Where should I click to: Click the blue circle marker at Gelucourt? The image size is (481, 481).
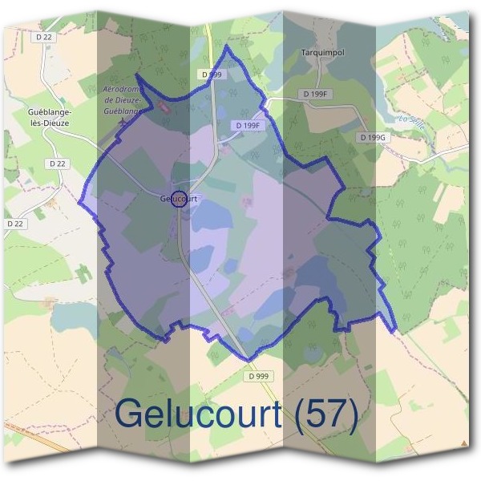pyautogui.click(x=180, y=199)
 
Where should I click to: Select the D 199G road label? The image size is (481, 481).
pyautogui.click(x=373, y=138)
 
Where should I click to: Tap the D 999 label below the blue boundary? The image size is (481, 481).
pyautogui.click(x=258, y=375)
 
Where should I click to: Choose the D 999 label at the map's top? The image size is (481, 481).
pyautogui.click(x=212, y=74)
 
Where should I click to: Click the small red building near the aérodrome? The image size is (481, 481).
pyautogui.click(x=165, y=107)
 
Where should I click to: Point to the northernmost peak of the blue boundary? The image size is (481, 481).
pyautogui.click(x=227, y=46)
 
